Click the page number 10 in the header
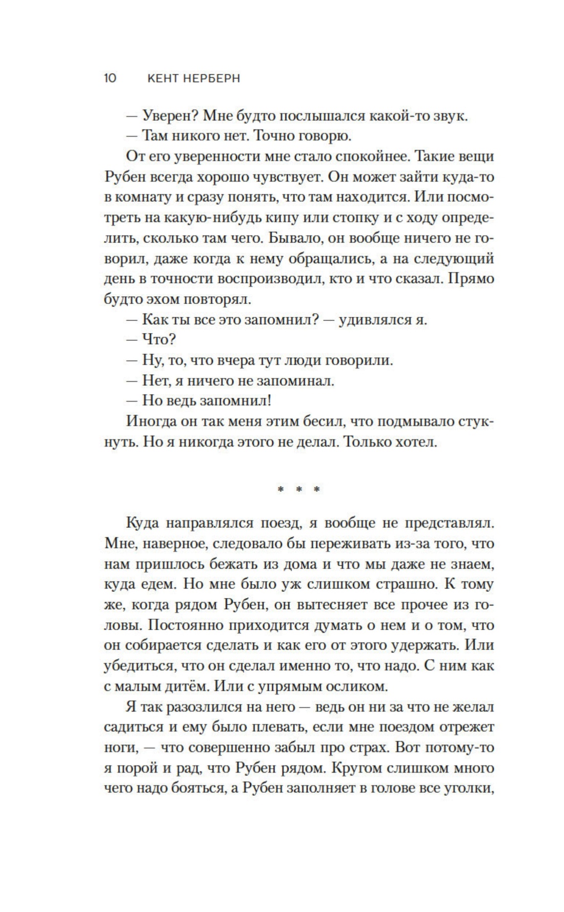(110, 78)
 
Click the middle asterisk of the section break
(298, 489)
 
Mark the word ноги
(117, 748)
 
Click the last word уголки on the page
(468, 788)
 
